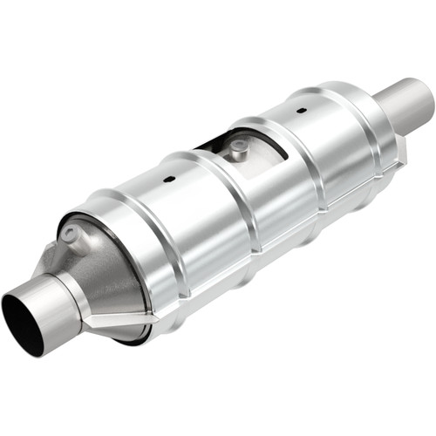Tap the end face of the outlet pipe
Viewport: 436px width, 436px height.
point(426,101)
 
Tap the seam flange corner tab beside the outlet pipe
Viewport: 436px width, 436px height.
point(401,157)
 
